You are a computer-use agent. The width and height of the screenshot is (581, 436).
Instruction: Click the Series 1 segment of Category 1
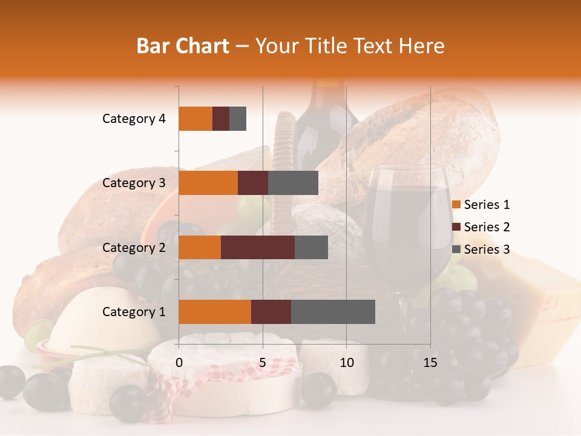[x=215, y=312]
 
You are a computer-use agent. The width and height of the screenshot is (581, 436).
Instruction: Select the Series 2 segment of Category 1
[x=271, y=312]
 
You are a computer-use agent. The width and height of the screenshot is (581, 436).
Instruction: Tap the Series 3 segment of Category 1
[x=333, y=312]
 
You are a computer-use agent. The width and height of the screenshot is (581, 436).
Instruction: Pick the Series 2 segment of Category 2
[x=258, y=247]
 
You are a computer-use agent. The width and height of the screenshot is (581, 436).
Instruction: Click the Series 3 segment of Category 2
[x=311, y=247]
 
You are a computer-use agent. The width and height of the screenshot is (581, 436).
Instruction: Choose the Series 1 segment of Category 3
[x=208, y=183]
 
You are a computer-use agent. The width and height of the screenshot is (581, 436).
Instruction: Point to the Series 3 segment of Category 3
[x=293, y=183]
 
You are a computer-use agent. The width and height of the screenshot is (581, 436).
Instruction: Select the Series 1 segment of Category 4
[x=195, y=119]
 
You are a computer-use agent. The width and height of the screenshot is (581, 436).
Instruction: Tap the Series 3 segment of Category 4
[x=238, y=119]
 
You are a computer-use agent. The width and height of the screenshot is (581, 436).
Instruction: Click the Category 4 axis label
[x=134, y=119]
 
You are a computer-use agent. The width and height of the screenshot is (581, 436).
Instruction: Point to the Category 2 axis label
[x=134, y=247]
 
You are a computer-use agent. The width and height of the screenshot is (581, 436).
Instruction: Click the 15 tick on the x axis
[x=430, y=363]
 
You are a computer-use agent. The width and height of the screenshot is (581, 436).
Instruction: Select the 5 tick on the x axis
[x=263, y=363]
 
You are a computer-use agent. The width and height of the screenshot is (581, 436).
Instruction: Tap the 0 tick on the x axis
[x=179, y=363]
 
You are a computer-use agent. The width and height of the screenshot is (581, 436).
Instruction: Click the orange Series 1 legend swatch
[x=456, y=205]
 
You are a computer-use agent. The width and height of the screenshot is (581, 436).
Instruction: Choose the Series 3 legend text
[x=487, y=249]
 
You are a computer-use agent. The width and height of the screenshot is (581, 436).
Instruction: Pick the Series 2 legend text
[x=487, y=227]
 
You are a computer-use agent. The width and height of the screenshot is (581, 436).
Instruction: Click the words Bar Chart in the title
[x=183, y=46]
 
